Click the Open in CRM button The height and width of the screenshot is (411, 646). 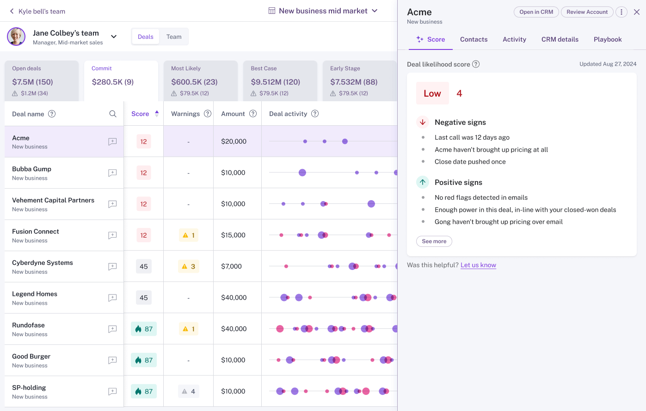[x=536, y=12]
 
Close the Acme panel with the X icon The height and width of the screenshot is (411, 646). [x=637, y=12]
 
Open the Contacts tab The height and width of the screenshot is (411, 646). [x=474, y=39]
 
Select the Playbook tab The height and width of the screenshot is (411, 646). [x=607, y=39]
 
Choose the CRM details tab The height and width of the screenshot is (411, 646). [x=560, y=39]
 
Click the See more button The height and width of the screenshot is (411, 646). [x=434, y=241]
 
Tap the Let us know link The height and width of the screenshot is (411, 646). [x=478, y=265]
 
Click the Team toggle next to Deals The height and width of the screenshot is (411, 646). [x=174, y=37]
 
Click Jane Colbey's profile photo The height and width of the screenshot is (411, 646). [x=16, y=37]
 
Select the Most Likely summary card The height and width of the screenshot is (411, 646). [x=200, y=81]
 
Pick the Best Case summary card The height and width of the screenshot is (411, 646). [x=280, y=81]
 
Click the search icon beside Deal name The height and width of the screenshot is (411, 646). [x=113, y=114]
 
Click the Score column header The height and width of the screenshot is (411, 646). [x=140, y=114]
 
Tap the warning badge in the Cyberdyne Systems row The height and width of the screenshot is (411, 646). [x=189, y=266]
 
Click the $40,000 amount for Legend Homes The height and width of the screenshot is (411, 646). [x=234, y=298]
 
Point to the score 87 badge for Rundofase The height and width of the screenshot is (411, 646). [x=144, y=329]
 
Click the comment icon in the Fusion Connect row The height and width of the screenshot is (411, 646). [x=112, y=235]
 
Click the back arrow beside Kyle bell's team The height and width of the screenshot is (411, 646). [x=12, y=11]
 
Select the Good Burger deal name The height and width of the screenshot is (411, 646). [x=31, y=356]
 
